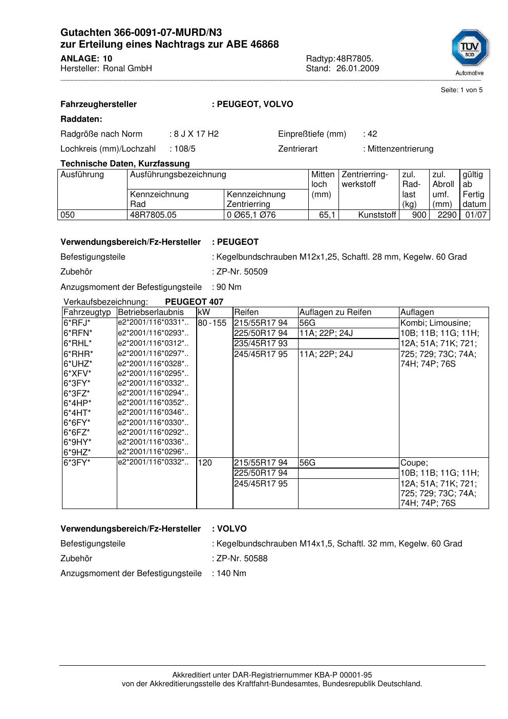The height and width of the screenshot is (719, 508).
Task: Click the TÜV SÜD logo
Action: [470, 49]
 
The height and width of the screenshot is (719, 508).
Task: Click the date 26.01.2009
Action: [357, 69]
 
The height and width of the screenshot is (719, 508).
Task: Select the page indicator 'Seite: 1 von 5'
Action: [461, 90]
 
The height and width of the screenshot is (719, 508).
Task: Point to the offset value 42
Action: [372, 134]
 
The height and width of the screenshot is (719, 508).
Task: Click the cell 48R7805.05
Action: [153, 215]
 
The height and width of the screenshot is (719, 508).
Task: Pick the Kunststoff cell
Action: [377, 215]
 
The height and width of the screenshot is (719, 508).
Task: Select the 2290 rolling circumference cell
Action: [447, 215]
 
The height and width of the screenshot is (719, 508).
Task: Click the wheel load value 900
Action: [419, 215]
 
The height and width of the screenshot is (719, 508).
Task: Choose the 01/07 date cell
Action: [475, 215]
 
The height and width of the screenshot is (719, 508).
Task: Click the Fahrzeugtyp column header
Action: [87, 312]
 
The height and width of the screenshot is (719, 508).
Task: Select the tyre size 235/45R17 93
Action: [261, 344]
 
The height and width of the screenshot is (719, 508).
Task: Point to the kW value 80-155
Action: [212, 323]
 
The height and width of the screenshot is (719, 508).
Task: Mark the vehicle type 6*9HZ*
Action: [77, 452]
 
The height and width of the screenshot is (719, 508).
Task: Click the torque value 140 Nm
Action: [231, 574]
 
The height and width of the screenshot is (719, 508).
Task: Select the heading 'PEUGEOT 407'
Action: [194, 302]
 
